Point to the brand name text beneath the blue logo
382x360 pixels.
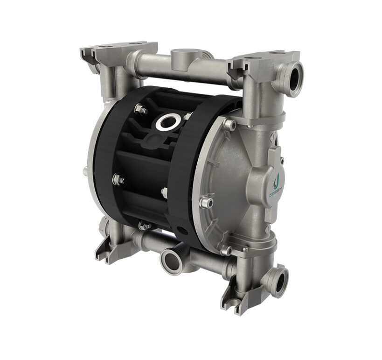276,189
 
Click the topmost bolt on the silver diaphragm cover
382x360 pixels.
229,124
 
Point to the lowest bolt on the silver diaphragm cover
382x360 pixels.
226,250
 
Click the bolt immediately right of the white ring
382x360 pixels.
188,117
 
